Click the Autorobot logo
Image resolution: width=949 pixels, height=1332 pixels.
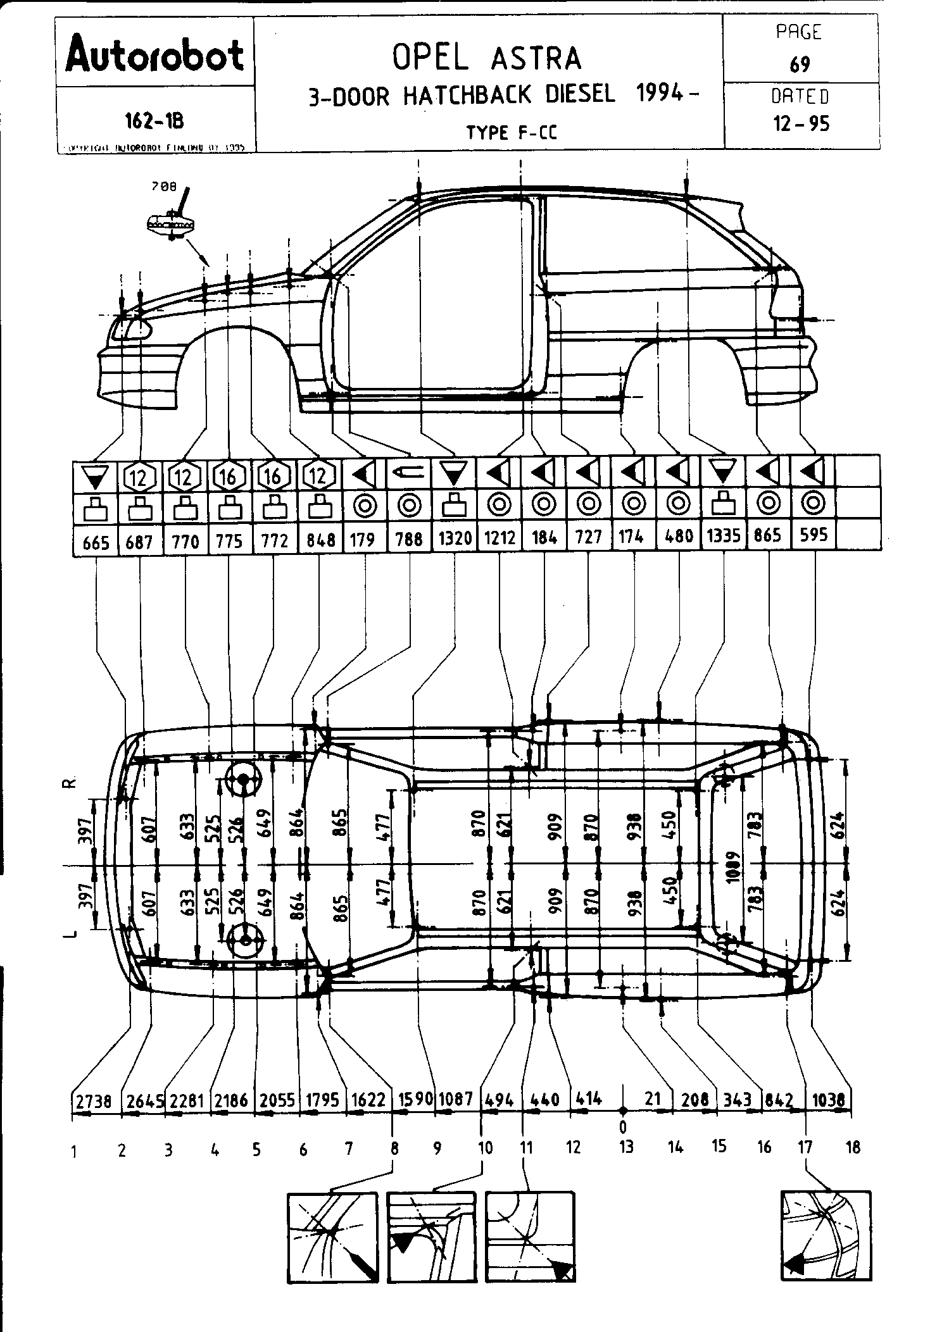click(154, 55)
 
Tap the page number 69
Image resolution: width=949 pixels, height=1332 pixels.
click(800, 65)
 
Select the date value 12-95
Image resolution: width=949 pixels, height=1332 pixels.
click(801, 123)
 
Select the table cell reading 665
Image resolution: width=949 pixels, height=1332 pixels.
click(96, 542)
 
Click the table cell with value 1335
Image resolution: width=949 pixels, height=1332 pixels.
click(723, 537)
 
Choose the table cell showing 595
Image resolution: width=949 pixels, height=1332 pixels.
click(814, 535)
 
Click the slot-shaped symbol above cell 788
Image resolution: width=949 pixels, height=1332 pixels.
click(409, 472)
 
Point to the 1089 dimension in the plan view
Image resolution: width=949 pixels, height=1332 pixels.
click(734, 864)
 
